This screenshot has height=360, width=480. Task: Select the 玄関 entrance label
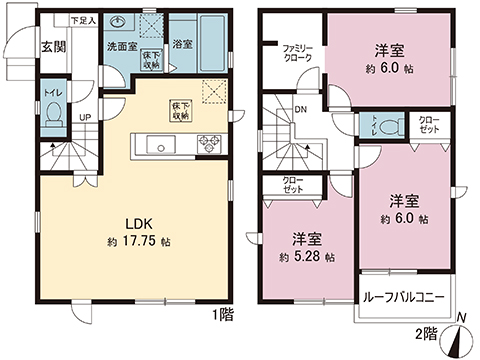53,47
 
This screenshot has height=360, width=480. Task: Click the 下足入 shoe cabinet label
83,20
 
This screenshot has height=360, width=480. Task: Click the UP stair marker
85,118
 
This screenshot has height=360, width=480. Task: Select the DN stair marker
300,111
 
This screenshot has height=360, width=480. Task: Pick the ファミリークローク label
298,53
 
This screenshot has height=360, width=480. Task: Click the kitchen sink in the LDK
159,145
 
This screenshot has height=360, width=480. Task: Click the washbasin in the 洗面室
121,23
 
